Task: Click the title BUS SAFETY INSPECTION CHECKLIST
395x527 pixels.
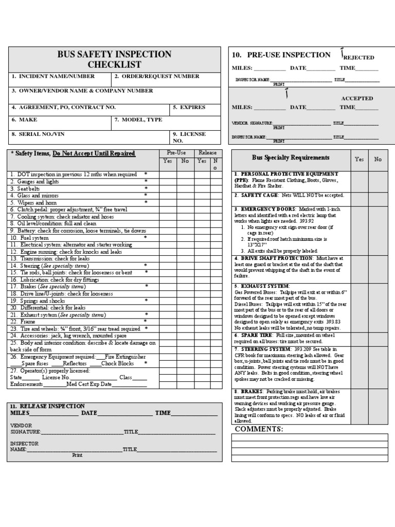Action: coord(114,59)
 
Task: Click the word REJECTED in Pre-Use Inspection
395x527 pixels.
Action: coord(358,58)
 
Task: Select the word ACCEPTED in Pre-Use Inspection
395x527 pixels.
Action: coord(357,98)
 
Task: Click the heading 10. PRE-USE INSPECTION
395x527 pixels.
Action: coord(281,55)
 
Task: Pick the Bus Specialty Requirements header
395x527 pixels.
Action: coord(291,158)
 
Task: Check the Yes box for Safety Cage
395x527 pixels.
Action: coord(360,196)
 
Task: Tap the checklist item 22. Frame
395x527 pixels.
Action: coord(21,321)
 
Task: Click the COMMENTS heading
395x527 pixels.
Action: coord(259,429)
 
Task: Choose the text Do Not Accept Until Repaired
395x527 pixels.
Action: coord(94,153)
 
